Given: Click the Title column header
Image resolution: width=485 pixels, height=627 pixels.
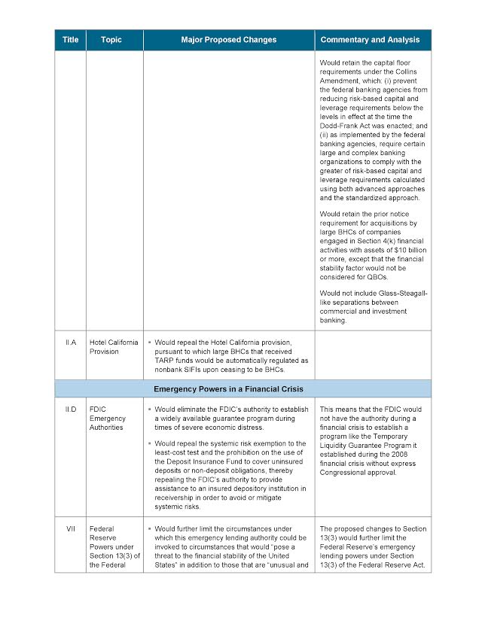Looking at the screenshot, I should [x=70, y=40].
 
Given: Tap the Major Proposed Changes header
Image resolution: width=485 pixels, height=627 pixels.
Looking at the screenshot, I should [x=229, y=40].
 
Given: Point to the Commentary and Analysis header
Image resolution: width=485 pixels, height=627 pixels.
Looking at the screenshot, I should [x=370, y=40].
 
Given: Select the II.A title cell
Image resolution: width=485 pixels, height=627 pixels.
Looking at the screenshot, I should [x=70, y=342].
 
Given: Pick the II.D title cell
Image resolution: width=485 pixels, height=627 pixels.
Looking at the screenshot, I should [x=70, y=409].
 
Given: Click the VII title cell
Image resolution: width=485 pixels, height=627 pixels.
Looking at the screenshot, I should [x=70, y=529].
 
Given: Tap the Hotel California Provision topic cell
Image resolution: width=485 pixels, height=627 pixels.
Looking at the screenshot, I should [x=114, y=347].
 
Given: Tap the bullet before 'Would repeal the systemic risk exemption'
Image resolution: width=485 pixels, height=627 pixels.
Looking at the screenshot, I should [x=150, y=444].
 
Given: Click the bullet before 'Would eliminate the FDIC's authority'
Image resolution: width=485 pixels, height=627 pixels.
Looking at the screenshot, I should [x=150, y=409].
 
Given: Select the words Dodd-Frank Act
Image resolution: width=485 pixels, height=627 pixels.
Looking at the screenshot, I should [x=349, y=126].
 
